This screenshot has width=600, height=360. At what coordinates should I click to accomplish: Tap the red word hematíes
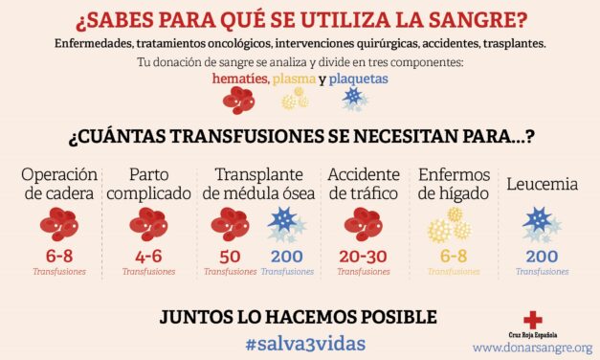240,79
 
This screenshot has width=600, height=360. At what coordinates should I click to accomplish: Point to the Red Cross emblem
532,321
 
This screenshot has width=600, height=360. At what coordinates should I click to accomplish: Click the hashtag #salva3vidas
300,341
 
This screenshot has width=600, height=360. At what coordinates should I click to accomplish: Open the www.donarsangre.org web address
531,348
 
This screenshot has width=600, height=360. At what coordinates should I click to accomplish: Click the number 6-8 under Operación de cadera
59,256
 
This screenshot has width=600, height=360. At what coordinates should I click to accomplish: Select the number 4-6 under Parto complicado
148,256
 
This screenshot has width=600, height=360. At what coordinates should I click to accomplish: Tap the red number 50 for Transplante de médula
230,256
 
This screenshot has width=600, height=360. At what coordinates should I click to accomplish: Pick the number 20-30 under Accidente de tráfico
363,256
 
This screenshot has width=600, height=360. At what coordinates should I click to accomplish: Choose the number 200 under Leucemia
542,256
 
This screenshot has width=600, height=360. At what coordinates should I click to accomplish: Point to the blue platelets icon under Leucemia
541,226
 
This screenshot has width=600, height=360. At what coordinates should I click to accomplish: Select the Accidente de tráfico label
363,184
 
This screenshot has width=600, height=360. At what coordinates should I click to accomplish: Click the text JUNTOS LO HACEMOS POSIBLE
300,316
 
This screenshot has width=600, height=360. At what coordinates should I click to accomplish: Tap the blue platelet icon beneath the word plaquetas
355,100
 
